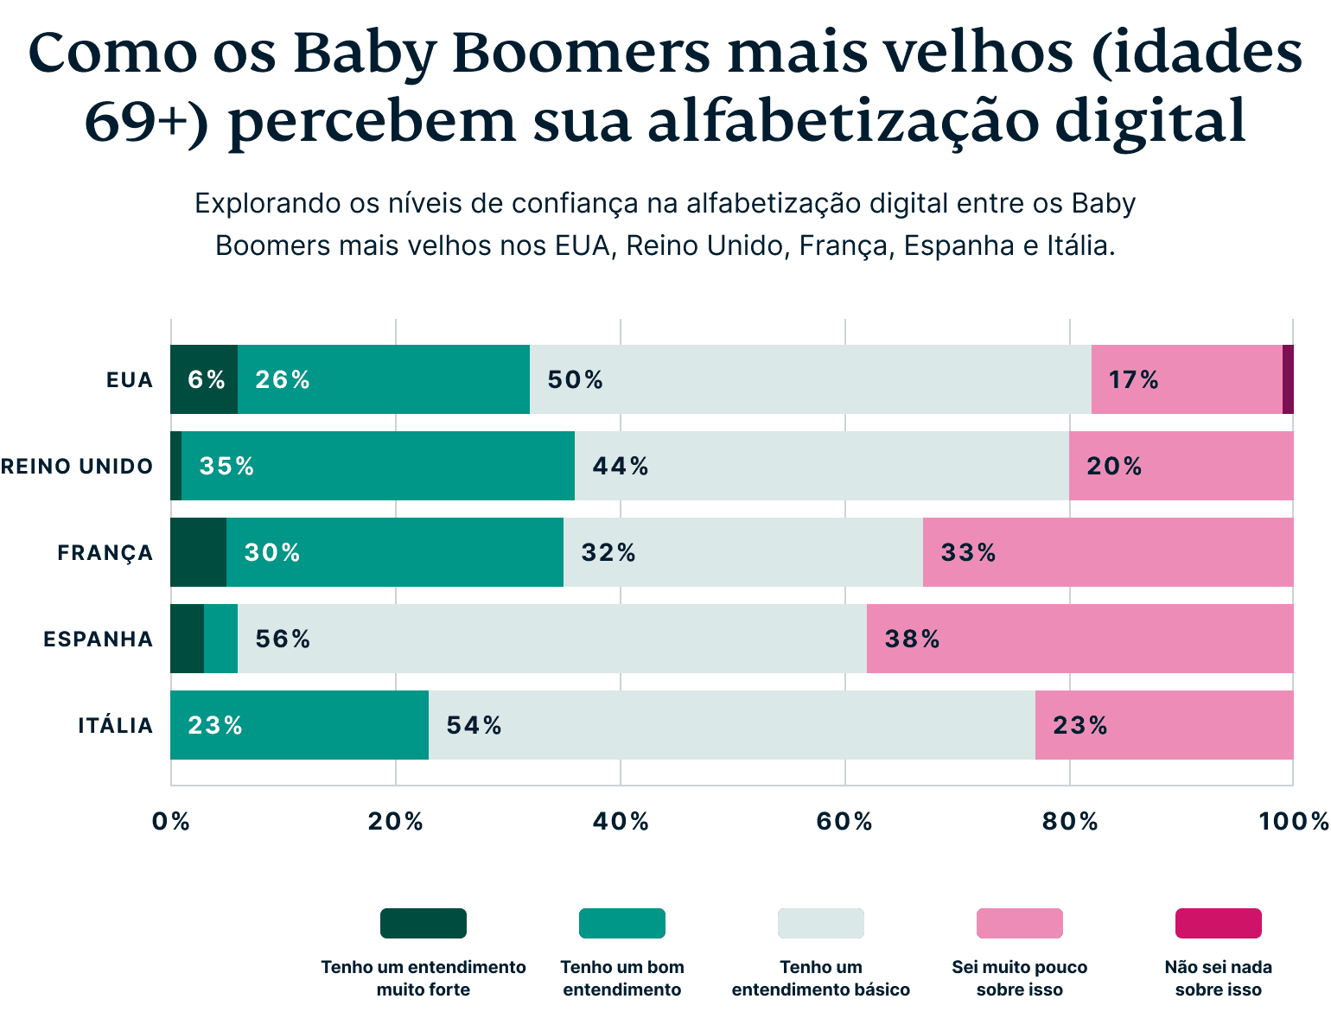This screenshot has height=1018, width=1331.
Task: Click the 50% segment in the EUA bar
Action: [810, 379]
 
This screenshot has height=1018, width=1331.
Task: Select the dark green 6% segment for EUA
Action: [204, 379]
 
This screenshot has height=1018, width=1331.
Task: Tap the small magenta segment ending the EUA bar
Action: [1288, 379]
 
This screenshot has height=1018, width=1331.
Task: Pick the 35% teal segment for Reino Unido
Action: [378, 466]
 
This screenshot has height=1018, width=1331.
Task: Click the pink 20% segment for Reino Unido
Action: [1181, 466]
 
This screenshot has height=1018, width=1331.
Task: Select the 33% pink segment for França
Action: [1107, 552]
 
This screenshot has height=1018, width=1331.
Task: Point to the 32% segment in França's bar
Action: [742, 552]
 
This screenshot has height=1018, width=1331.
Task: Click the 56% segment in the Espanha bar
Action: [551, 639]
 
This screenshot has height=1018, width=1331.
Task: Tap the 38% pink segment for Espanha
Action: [1079, 639]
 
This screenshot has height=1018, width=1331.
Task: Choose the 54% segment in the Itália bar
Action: [731, 725]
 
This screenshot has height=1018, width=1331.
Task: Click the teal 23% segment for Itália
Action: [299, 725]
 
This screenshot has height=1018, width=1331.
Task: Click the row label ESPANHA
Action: [98, 639]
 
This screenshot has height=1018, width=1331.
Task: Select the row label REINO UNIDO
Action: [77, 466]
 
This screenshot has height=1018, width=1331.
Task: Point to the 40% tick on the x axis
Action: [620, 821]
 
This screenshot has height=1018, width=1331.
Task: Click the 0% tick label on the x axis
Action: [170, 821]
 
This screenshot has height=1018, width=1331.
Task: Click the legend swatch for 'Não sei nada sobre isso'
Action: [1218, 923]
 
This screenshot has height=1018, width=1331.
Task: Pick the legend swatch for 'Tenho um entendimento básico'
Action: [820, 923]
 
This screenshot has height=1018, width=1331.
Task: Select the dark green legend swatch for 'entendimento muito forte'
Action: [423, 923]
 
